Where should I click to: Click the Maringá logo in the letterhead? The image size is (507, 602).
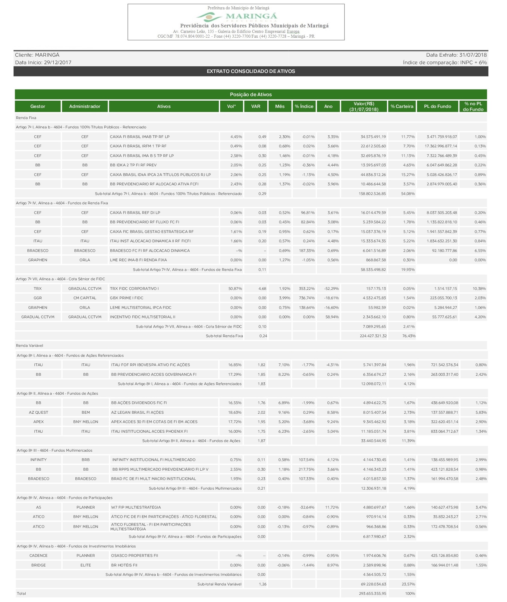coord(236,17)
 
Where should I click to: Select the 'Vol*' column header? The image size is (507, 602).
coord(231,106)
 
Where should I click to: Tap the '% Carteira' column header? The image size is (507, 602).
coord(402,106)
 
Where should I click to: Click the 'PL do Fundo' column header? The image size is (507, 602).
coord(437,106)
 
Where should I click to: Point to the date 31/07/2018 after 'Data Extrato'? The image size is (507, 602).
coord(473,55)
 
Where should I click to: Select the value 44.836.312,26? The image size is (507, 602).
coord(373,175)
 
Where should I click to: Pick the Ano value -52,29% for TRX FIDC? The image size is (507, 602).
coord(331,289)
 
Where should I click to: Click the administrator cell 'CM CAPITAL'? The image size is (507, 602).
coord(85,298)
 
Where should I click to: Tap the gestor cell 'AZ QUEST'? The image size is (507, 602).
coord(39,412)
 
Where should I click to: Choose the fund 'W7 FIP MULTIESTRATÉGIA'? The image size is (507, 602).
coord(136,507)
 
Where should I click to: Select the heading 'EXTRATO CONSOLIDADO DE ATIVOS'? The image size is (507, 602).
coord(251,71)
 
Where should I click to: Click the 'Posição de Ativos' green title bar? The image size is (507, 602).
coord(251,95)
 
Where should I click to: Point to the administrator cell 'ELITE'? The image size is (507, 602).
coord(86,565)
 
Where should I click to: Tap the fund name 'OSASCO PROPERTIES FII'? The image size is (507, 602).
coord(134,556)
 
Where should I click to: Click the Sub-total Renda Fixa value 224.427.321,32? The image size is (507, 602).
coord(373,336)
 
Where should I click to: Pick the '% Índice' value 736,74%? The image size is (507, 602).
coord(307,298)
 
